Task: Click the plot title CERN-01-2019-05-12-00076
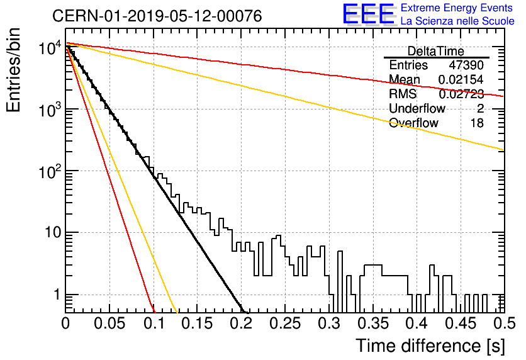157,16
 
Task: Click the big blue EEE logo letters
369,14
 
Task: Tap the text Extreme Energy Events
457,8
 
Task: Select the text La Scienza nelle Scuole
457,21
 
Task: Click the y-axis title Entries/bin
13,70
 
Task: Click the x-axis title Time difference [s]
430,346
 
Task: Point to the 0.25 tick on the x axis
285,323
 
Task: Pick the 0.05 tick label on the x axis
109,323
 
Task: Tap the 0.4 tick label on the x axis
417,323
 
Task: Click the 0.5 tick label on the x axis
504,323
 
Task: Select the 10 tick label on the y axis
53,232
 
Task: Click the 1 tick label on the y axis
57,295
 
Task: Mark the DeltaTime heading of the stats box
436,51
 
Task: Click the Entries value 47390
466,65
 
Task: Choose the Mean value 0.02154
461,79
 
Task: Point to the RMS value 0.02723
461,94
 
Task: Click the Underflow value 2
480,108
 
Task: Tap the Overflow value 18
477,123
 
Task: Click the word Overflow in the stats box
413,123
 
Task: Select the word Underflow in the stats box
417,108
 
